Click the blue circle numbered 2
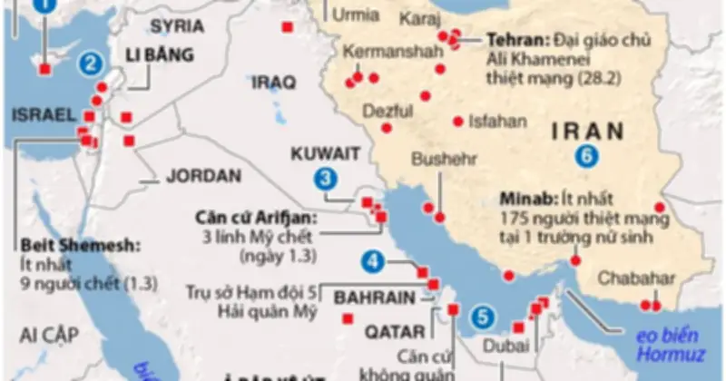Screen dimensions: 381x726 (90, 63)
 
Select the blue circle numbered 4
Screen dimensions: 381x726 (372, 263)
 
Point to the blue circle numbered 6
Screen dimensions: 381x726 (587, 156)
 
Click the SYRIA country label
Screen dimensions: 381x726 (178, 24)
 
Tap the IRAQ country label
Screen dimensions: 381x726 (275, 83)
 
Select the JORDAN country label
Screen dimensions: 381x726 (204, 175)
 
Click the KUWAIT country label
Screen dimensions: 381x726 (326, 152)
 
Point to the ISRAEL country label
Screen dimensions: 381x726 (42, 114)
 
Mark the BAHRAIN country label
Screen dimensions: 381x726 (375, 297)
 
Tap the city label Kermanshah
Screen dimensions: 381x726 (385, 52)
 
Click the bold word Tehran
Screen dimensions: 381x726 (512, 40)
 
